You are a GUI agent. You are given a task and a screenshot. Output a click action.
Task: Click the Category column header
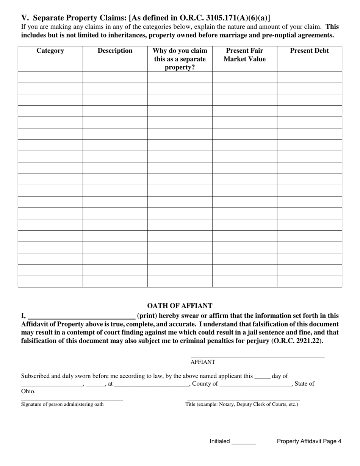point(50,51)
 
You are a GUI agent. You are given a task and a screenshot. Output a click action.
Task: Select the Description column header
point(115,51)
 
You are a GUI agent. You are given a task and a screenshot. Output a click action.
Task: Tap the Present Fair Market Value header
point(244,55)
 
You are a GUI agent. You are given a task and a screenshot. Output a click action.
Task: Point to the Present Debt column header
point(309,51)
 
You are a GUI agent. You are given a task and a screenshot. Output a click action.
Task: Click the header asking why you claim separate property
point(180,59)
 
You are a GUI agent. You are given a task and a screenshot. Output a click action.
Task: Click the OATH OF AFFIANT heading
point(180,306)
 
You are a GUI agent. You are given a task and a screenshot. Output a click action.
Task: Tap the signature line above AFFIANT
point(258,357)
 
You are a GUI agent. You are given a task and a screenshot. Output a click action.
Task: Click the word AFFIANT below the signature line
point(203,362)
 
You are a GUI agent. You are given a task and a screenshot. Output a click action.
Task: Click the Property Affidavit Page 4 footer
point(309,441)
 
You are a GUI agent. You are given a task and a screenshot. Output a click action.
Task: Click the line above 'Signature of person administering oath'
point(72,400)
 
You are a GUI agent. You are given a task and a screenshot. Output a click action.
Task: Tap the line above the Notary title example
point(243,400)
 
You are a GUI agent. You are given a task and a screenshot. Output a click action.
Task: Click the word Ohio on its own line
point(28,391)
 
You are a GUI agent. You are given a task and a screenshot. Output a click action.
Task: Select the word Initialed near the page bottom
point(220,441)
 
